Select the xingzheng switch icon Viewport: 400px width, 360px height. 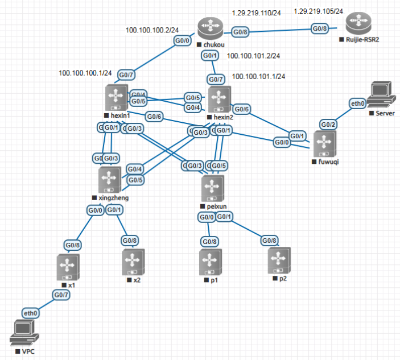[109, 180]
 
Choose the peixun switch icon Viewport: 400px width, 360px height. [213, 188]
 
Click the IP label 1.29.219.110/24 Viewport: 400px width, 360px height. [256, 13]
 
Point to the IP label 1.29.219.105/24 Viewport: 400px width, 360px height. [318, 11]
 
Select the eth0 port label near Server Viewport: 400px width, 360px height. [357, 104]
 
